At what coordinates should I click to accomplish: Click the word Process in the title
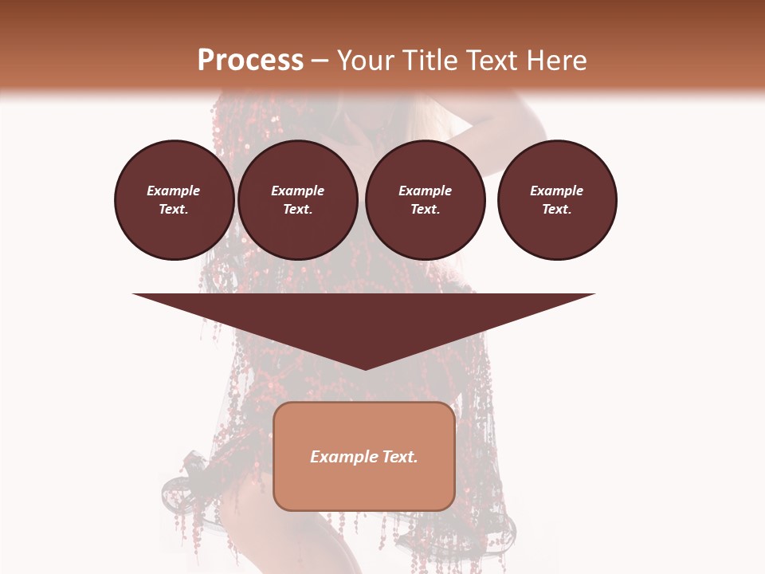(250, 61)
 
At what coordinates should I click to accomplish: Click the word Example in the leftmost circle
(174, 191)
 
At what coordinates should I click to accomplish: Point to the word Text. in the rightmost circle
(557, 209)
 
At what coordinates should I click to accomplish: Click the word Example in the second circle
(298, 191)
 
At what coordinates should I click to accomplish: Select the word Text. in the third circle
(426, 209)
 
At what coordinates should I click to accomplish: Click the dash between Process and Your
(320, 61)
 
